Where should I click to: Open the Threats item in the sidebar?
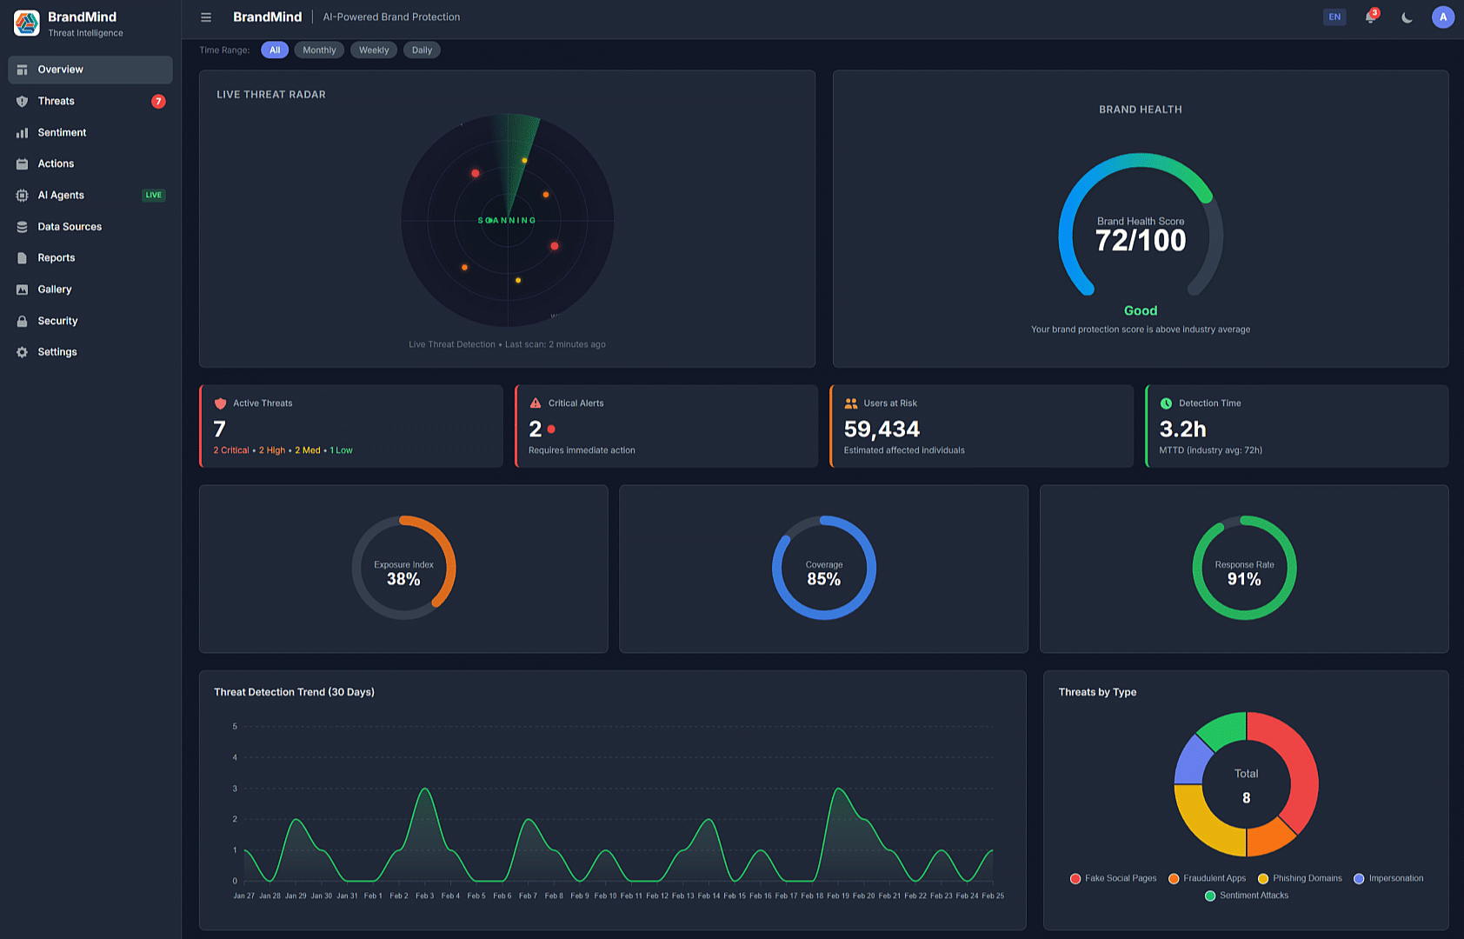point(57,101)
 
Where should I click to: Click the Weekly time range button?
point(374,50)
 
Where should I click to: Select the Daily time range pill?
point(422,50)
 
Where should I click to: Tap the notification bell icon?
point(1371,17)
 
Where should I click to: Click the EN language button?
point(1334,17)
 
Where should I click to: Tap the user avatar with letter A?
point(1443,17)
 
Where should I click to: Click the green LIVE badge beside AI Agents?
point(154,196)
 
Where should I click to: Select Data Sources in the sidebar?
point(70,227)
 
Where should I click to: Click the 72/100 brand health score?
point(1141,241)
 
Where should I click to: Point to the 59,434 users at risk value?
point(882,430)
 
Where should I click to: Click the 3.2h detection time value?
point(1182,430)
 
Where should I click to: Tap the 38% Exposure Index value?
point(403,579)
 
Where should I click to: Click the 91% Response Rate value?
point(1244,579)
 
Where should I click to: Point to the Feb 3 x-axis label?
point(424,896)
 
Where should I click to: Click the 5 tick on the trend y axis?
point(235,727)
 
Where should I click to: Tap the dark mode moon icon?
point(1407,17)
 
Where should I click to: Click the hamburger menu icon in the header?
point(206,17)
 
